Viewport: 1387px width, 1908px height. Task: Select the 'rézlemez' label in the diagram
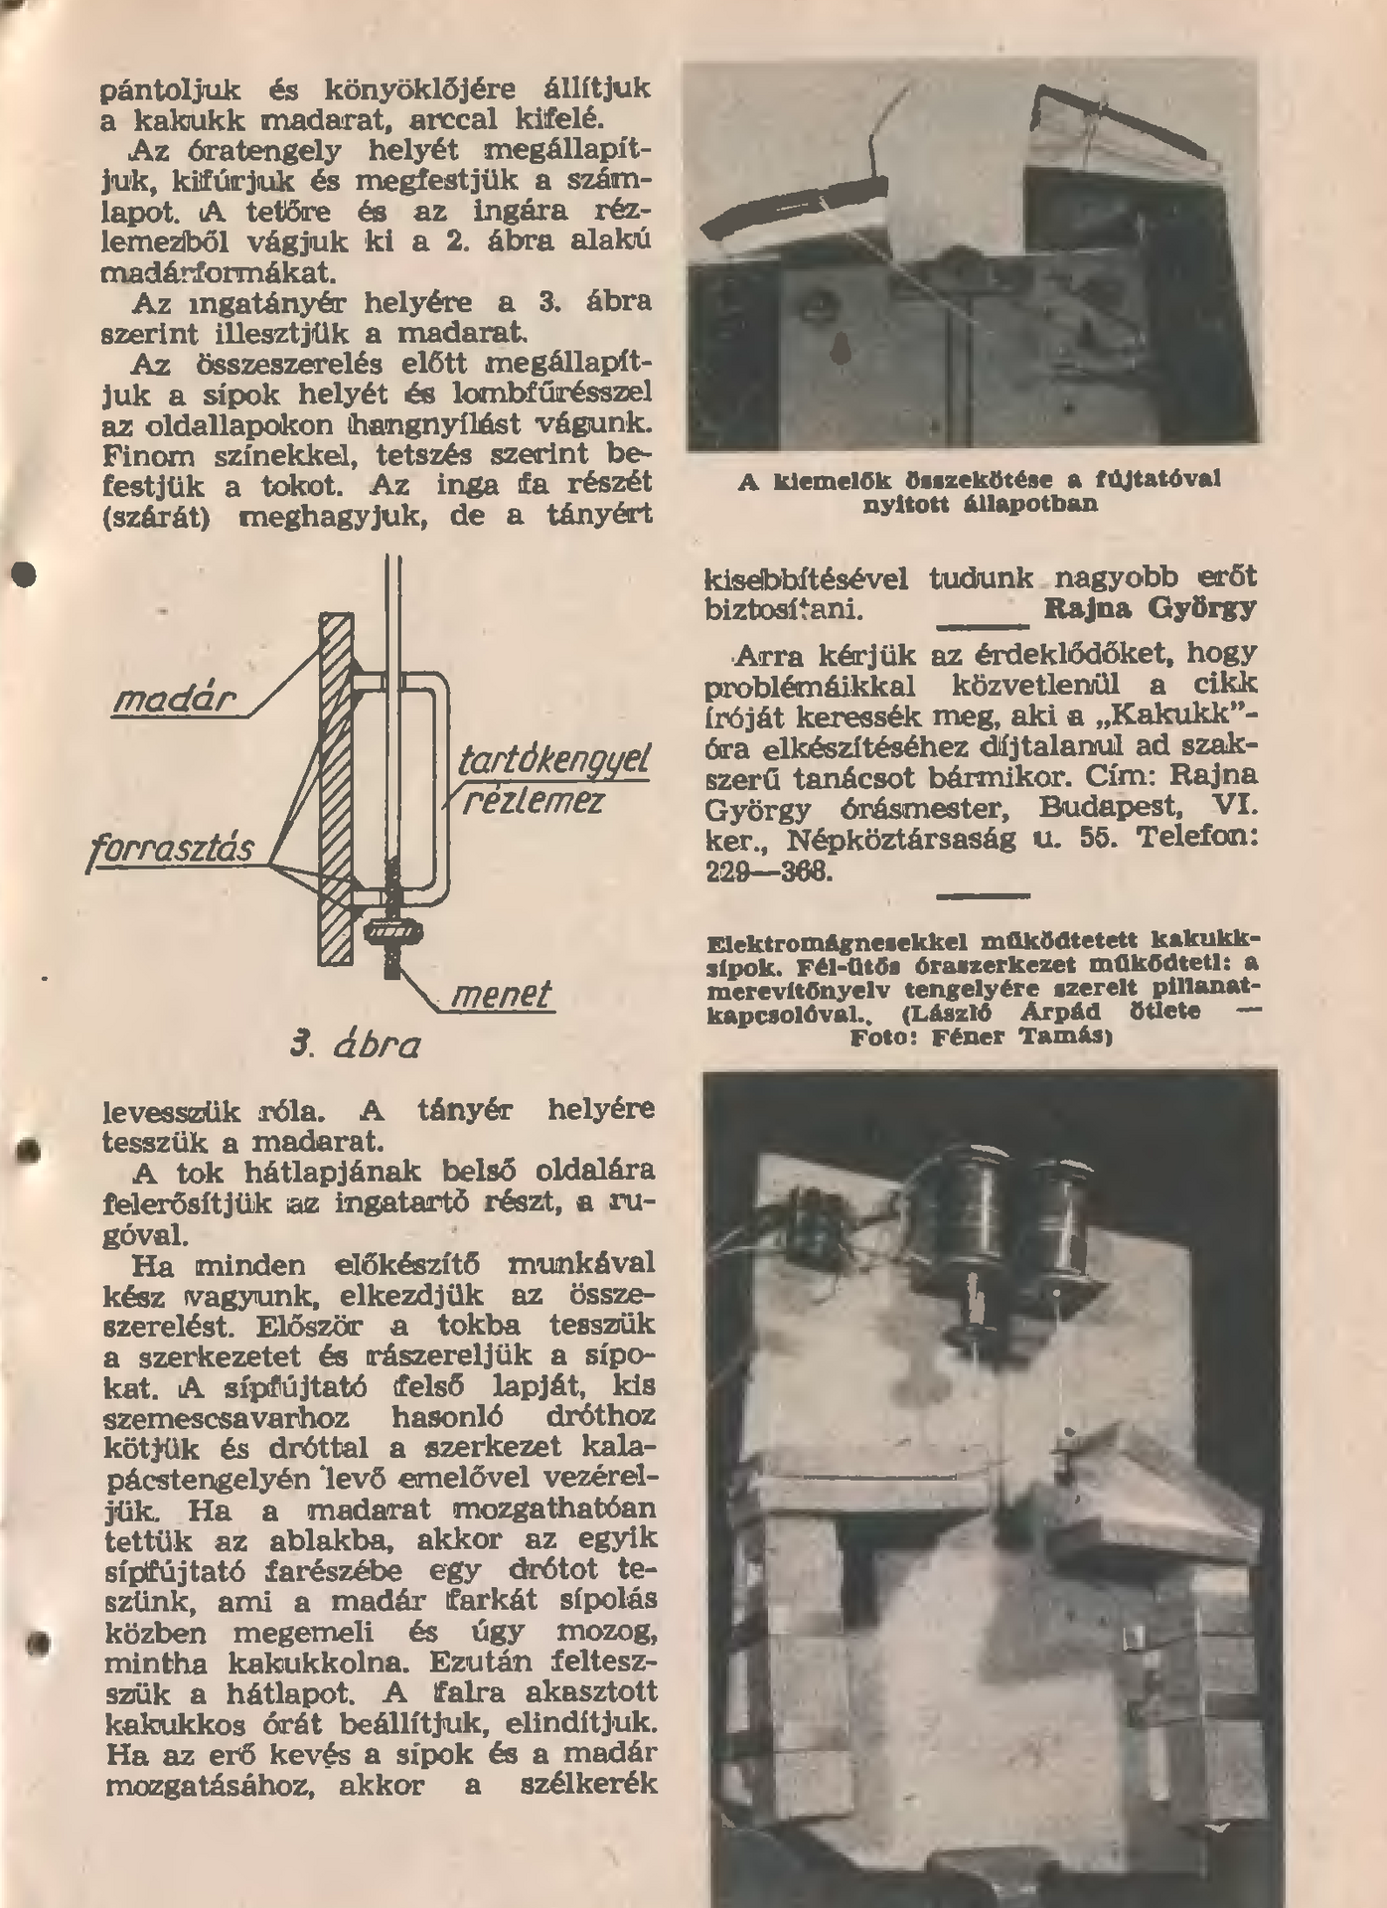click(533, 800)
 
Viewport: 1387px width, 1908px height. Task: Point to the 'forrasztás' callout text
click(171, 850)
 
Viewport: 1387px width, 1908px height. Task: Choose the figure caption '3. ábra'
click(356, 1044)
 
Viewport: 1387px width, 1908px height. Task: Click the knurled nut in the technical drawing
click(394, 932)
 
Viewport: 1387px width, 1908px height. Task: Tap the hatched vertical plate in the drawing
click(336, 790)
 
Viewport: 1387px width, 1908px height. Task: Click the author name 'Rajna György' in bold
click(1150, 608)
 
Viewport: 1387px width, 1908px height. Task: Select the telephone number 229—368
click(769, 872)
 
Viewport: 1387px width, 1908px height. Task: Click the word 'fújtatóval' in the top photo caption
click(1157, 480)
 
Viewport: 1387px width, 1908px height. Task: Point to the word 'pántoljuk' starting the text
click(171, 89)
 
